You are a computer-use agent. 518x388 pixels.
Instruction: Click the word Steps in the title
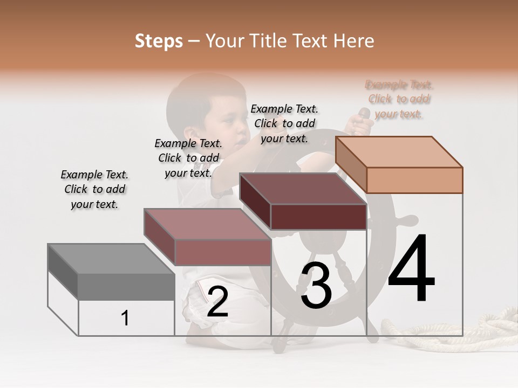159,41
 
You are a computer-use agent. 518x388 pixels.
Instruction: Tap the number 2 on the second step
217,302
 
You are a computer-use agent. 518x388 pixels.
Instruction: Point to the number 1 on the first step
125,318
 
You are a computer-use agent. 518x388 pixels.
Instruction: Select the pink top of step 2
208,224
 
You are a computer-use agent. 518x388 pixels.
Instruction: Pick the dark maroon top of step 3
302,189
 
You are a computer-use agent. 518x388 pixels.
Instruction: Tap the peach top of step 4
399,151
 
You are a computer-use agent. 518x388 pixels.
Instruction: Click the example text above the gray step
94,189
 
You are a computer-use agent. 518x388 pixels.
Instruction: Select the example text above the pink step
188,158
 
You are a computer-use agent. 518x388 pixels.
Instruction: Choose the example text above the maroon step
284,123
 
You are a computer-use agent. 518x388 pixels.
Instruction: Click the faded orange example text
399,99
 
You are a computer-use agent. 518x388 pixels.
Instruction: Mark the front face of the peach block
414,180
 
